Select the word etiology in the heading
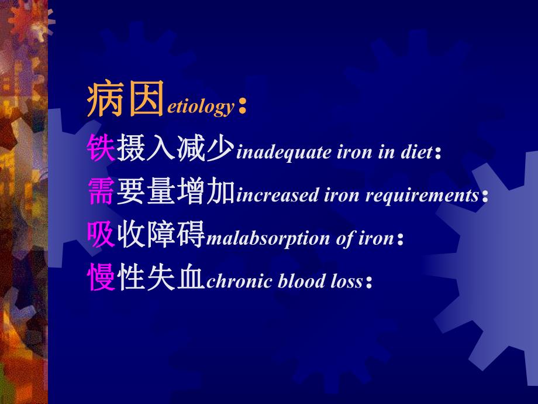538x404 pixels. coord(201,107)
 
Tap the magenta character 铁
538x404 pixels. coord(101,148)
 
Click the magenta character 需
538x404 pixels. coord(101,191)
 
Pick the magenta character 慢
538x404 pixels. coord(101,277)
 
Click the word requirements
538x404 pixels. coord(422,196)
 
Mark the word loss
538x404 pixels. coord(343,282)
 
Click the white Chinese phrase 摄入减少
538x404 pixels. coord(175,148)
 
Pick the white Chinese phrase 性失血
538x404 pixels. coord(161,277)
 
